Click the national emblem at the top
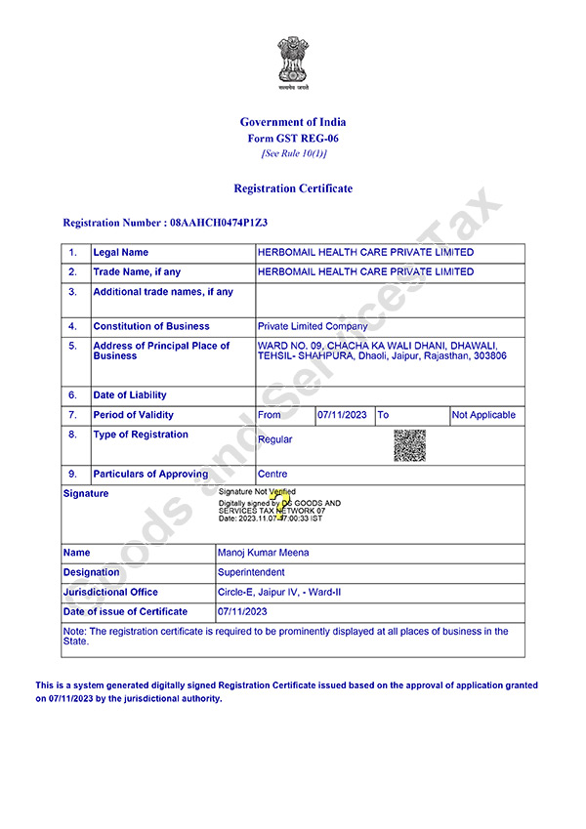(x=291, y=61)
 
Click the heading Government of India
(x=293, y=122)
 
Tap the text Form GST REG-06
(x=293, y=139)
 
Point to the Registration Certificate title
(x=293, y=188)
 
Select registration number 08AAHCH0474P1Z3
(x=219, y=223)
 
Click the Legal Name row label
(x=121, y=253)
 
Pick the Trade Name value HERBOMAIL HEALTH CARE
(x=365, y=272)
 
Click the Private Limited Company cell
(x=313, y=326)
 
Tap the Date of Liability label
(x=130, y=395)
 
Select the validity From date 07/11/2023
(x=342, y=415)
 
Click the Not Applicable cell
(x=483, y=415)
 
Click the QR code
(x=410, y=445)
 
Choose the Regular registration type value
(x=275, y=439)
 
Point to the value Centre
(x=272, y=474)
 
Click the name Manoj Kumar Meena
(x=264, y=553)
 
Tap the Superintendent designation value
(x=252, y=572)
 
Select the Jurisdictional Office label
(x=110, y=592)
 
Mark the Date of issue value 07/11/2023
(x=243, y=611)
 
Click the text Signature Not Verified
(x=257, y=491)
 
